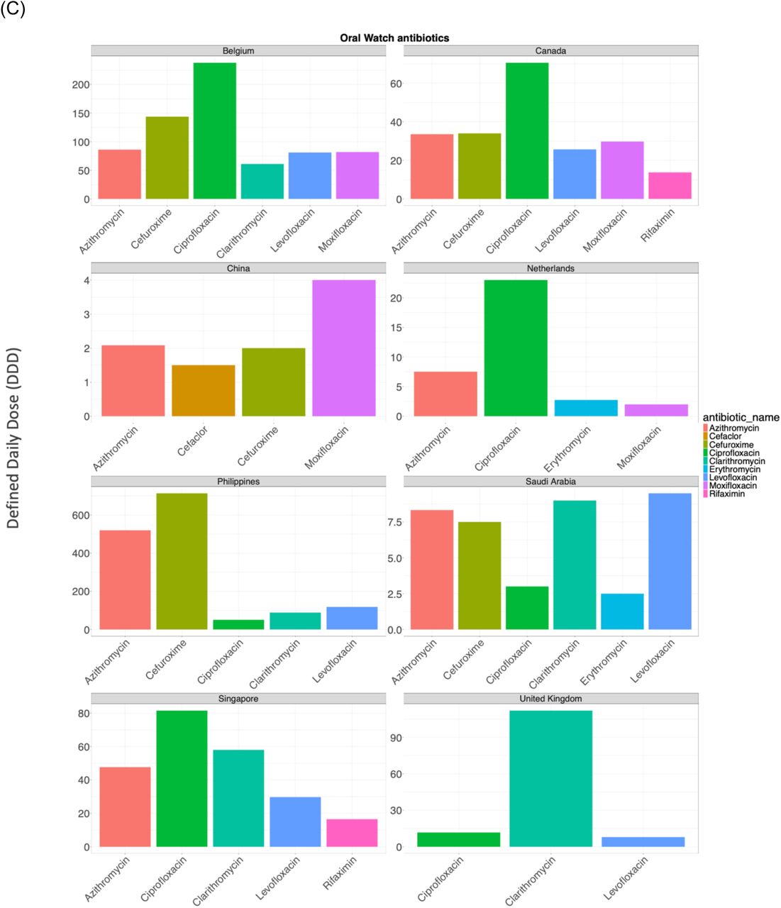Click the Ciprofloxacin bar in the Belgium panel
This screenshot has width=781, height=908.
(x=214, y=131)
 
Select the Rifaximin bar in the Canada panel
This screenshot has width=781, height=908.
(x=670, y=185)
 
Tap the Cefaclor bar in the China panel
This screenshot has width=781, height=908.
(x=204, y=390)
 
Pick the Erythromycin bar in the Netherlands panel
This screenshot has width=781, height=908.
(x=585, y=408)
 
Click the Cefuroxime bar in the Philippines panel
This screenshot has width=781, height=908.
(x=182, y=561)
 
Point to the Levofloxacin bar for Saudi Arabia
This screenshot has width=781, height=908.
(x=670, y=561)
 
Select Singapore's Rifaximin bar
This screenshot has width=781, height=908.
(x=352, y=832)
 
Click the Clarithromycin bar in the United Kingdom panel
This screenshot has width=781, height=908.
(x=551, y=778)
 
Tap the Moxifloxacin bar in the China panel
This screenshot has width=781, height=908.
(x=344, y=348)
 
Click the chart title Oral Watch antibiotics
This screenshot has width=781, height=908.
(x=394, y=38)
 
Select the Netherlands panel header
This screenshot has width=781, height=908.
(x=550, y=268)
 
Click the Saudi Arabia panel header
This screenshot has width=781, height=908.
(x=550, y=481)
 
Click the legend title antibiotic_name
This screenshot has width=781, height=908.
(x=741, y=417)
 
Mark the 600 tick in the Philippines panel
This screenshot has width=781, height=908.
(x=81, y=515)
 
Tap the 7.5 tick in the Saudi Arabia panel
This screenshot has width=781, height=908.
(x=394, y=522)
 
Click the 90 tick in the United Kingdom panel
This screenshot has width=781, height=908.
(x=396, y=738)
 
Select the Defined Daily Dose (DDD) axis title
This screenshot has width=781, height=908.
(x=13, y=438)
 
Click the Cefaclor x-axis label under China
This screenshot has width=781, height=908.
(x=192, y=441)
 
